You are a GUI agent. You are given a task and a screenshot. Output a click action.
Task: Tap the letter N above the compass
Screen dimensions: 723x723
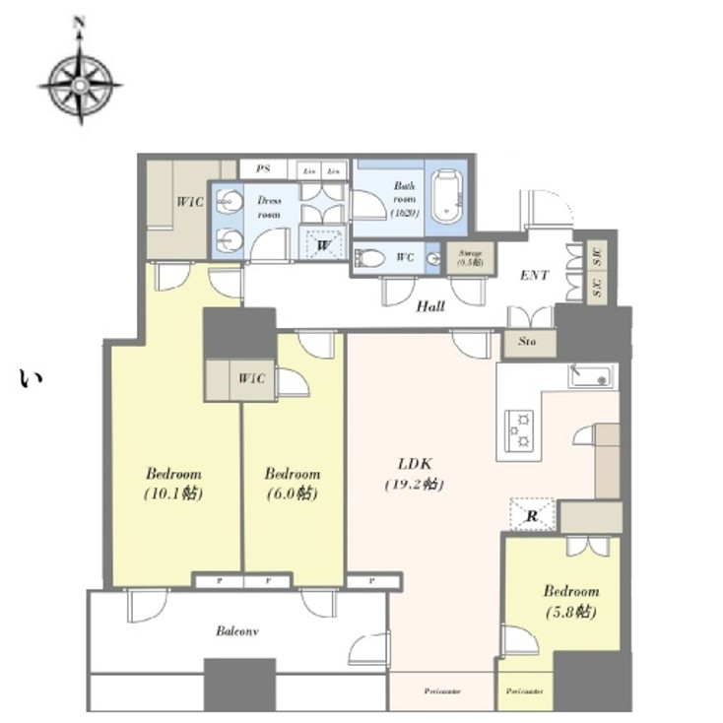(80, 23)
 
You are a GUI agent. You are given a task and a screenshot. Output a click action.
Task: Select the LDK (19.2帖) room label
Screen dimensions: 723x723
(413, 474)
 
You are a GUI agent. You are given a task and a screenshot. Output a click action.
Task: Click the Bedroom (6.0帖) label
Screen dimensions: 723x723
(292, 483)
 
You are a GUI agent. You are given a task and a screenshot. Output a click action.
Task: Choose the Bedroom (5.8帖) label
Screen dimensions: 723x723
(570, 601)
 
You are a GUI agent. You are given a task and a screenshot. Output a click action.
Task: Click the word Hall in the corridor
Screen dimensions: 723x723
(430, 306)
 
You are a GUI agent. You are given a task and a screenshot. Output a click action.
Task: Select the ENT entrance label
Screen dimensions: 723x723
(534, 276)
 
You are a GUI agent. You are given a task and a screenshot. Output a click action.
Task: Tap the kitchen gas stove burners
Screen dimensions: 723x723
(519, 430)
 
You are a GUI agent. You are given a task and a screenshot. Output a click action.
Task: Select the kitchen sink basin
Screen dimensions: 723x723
(591, 376)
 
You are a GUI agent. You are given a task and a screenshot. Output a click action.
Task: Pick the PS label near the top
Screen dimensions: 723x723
(263, 169)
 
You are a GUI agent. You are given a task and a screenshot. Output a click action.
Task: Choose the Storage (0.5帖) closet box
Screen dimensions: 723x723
(469, 258)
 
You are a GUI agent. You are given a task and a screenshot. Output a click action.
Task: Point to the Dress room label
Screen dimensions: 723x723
(269, 206)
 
